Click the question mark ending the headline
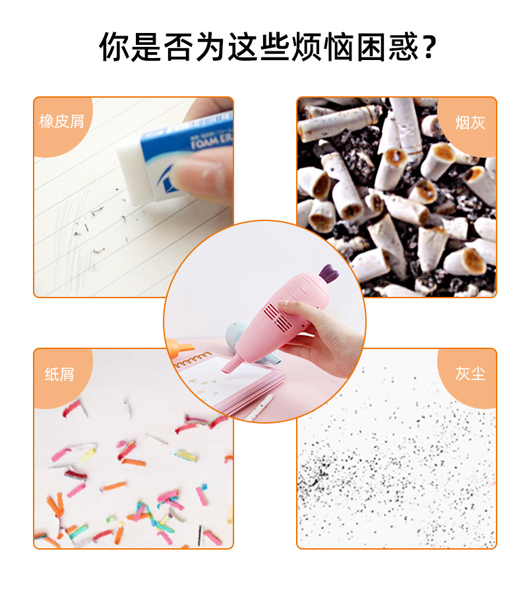pyautogui.click(x=429, y=48)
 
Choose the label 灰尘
pyautogui.click(x=470, y=373)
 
